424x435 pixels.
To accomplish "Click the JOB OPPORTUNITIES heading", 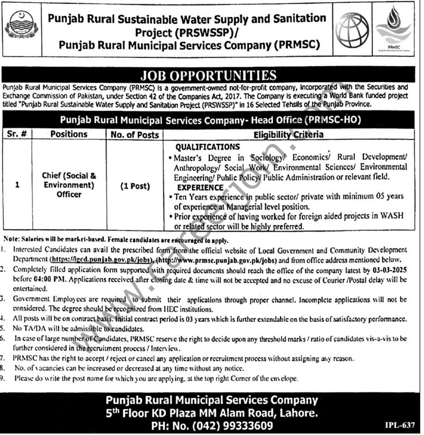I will click(211, 75).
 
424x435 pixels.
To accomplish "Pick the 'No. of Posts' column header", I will click(133, 134).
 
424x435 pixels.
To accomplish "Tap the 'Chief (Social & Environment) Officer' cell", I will click(69, 185).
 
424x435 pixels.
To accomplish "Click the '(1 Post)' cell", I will click(133, 186).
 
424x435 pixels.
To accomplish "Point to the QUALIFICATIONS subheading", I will click(207, 147).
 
